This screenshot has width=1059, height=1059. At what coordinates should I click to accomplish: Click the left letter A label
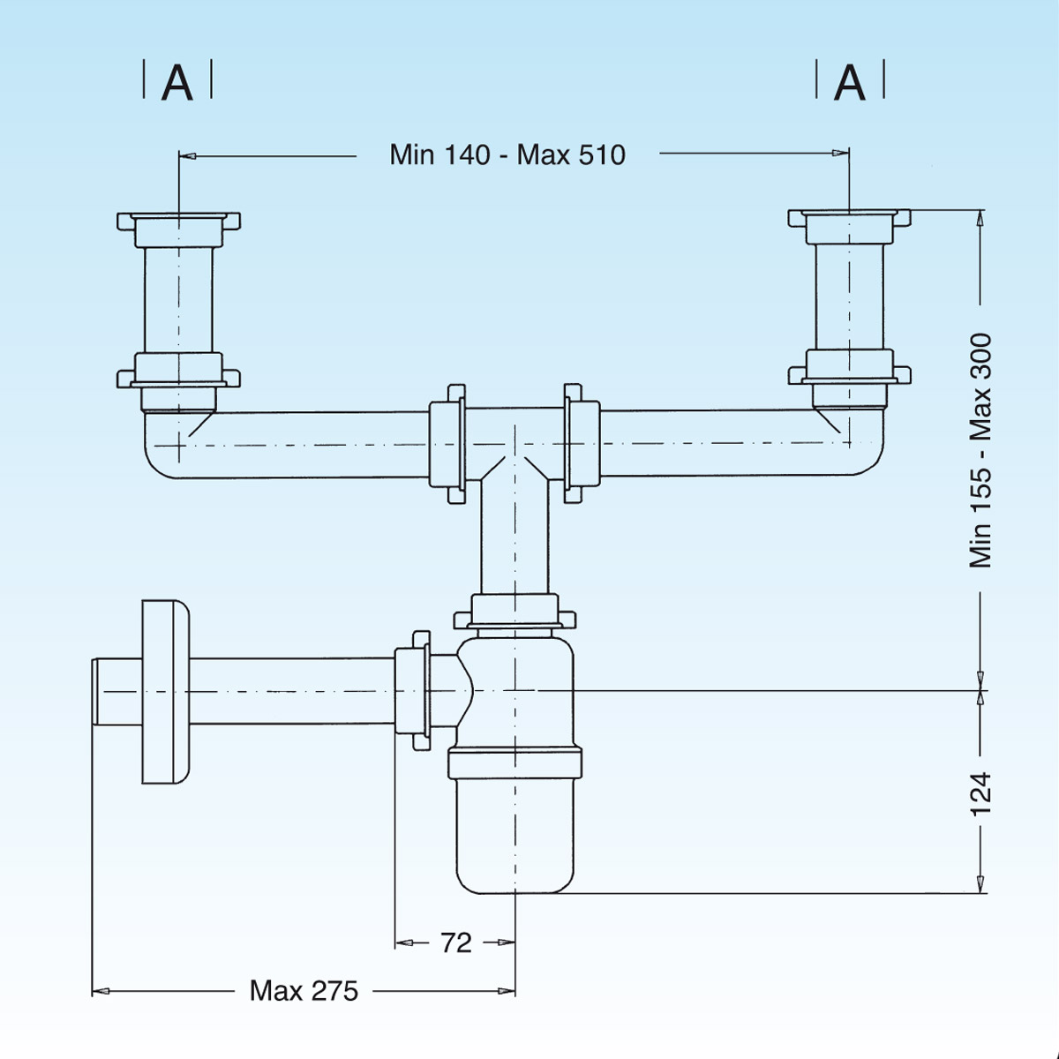(177, 83)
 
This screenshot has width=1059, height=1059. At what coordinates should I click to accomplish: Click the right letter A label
(849, 83)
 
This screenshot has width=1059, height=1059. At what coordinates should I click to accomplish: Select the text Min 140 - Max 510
(507, 154)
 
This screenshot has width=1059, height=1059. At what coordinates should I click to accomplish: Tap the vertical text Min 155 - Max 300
(980, 450)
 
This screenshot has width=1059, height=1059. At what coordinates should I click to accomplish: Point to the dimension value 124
(980, 792)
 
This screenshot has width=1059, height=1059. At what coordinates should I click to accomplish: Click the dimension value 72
(455, 943)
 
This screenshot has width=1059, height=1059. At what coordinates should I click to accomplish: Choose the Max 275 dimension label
(304, 991)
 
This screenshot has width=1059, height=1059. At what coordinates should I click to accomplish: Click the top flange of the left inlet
(179, 220)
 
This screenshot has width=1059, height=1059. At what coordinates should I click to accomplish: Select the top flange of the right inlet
(849, 218)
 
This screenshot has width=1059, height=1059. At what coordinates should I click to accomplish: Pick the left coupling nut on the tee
(447, 443)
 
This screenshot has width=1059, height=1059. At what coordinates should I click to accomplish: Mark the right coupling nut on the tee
(582, 443)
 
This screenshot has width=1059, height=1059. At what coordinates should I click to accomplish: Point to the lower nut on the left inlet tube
(179, 372)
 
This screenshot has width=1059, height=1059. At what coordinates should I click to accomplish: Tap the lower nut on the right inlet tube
(849, 368)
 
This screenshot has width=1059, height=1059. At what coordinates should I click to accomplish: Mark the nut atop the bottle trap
(514, 612)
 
